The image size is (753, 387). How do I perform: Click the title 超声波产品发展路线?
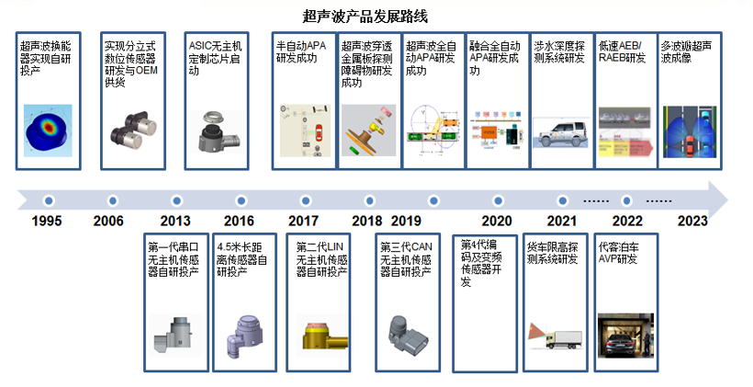tap(365, 17)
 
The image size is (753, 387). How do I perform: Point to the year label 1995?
tap(48, 221)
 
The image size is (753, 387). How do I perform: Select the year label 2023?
tap(692, 221)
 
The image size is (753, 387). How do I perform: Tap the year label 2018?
tap(366, 221)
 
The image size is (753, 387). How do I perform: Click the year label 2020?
tap(496, 221)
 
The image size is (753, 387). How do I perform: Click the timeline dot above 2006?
tap(111, 199)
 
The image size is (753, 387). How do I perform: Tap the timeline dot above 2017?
tap(303, 199)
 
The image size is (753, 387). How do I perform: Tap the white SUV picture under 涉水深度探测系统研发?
tap(558, 134)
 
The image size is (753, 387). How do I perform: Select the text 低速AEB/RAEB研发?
tap(621, 51)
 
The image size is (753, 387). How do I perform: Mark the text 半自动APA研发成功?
tap(300, 51)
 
